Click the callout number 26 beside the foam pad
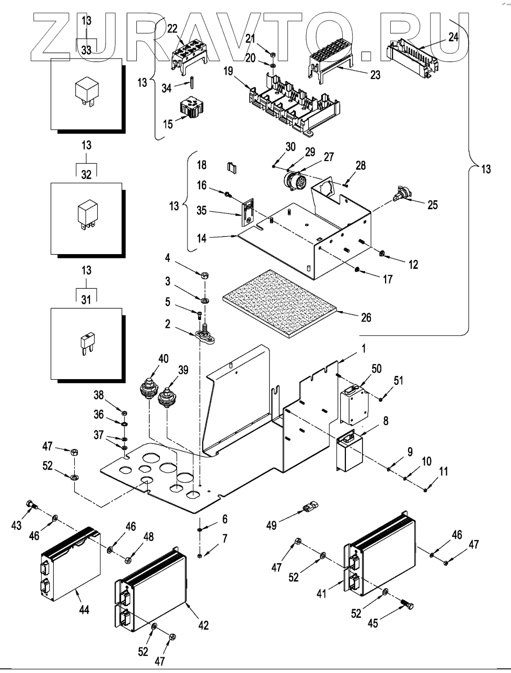coord(366,317)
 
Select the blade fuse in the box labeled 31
coord(86,344)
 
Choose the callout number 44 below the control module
coord(84,609)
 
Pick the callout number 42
coord(203,625)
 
